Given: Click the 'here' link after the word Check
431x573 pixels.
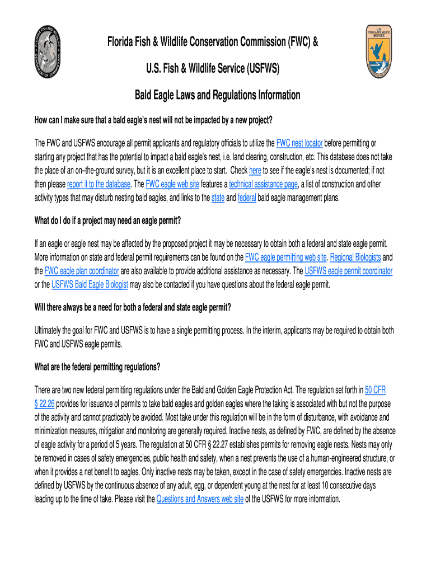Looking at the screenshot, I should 255,170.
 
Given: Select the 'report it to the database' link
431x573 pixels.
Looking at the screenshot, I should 99,184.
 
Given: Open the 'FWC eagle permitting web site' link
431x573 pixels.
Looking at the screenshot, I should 286,257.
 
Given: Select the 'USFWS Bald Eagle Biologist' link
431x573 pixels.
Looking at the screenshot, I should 90,284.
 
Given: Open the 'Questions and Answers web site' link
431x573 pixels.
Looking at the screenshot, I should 200,499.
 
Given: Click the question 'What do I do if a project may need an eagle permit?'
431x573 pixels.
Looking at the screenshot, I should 107,220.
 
